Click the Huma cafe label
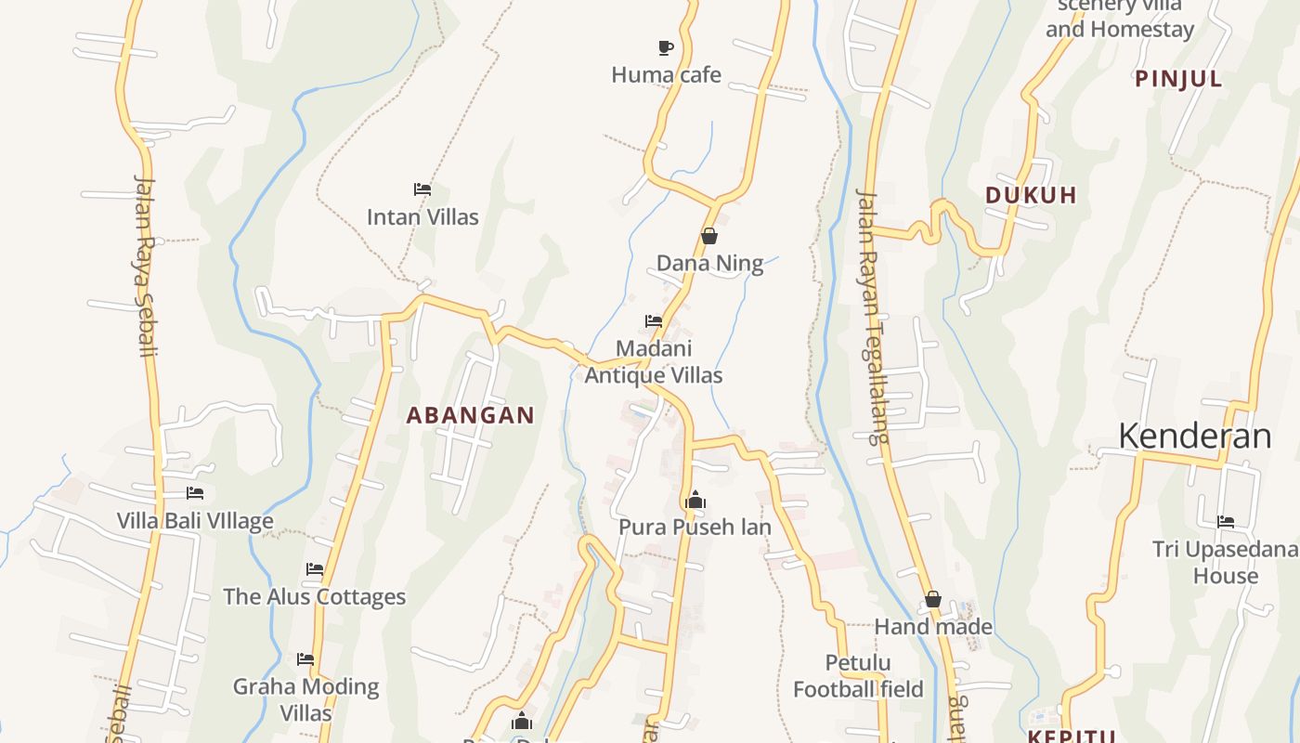tap(666, 75)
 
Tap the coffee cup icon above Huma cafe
tap(665, 47)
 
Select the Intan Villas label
tap(422, 217)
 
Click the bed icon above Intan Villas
tap(422, 189)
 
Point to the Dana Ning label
tap(709, 264)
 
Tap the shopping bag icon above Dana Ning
tap(709, 236)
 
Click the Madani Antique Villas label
tap(654, 362)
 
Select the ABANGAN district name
tap(471, 415)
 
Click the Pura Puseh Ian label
tap(695, 528)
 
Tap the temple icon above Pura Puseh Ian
tap(695, 501)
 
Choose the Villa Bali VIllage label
tap(195, 520)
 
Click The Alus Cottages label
tap(315, 596)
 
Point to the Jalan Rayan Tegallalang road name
tap(873, 316)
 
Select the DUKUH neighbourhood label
tap(1031, 196)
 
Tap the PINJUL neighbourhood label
tap(1178, 80)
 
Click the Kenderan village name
tap(1194, 436)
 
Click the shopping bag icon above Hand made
tap(933, 600)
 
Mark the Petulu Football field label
tap(859, 676)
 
